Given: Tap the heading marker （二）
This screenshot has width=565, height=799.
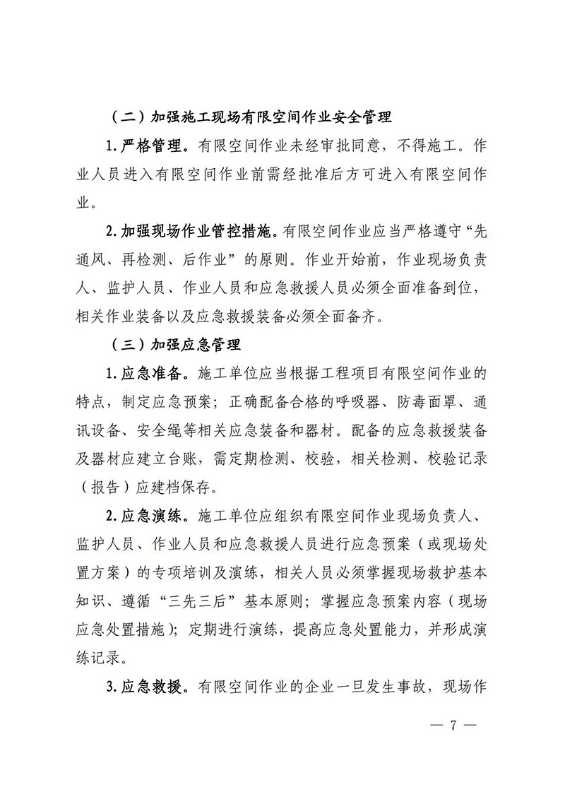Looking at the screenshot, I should click(x=127, y=117).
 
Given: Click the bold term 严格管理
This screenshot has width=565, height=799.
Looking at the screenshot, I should click(x=146, y=146).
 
